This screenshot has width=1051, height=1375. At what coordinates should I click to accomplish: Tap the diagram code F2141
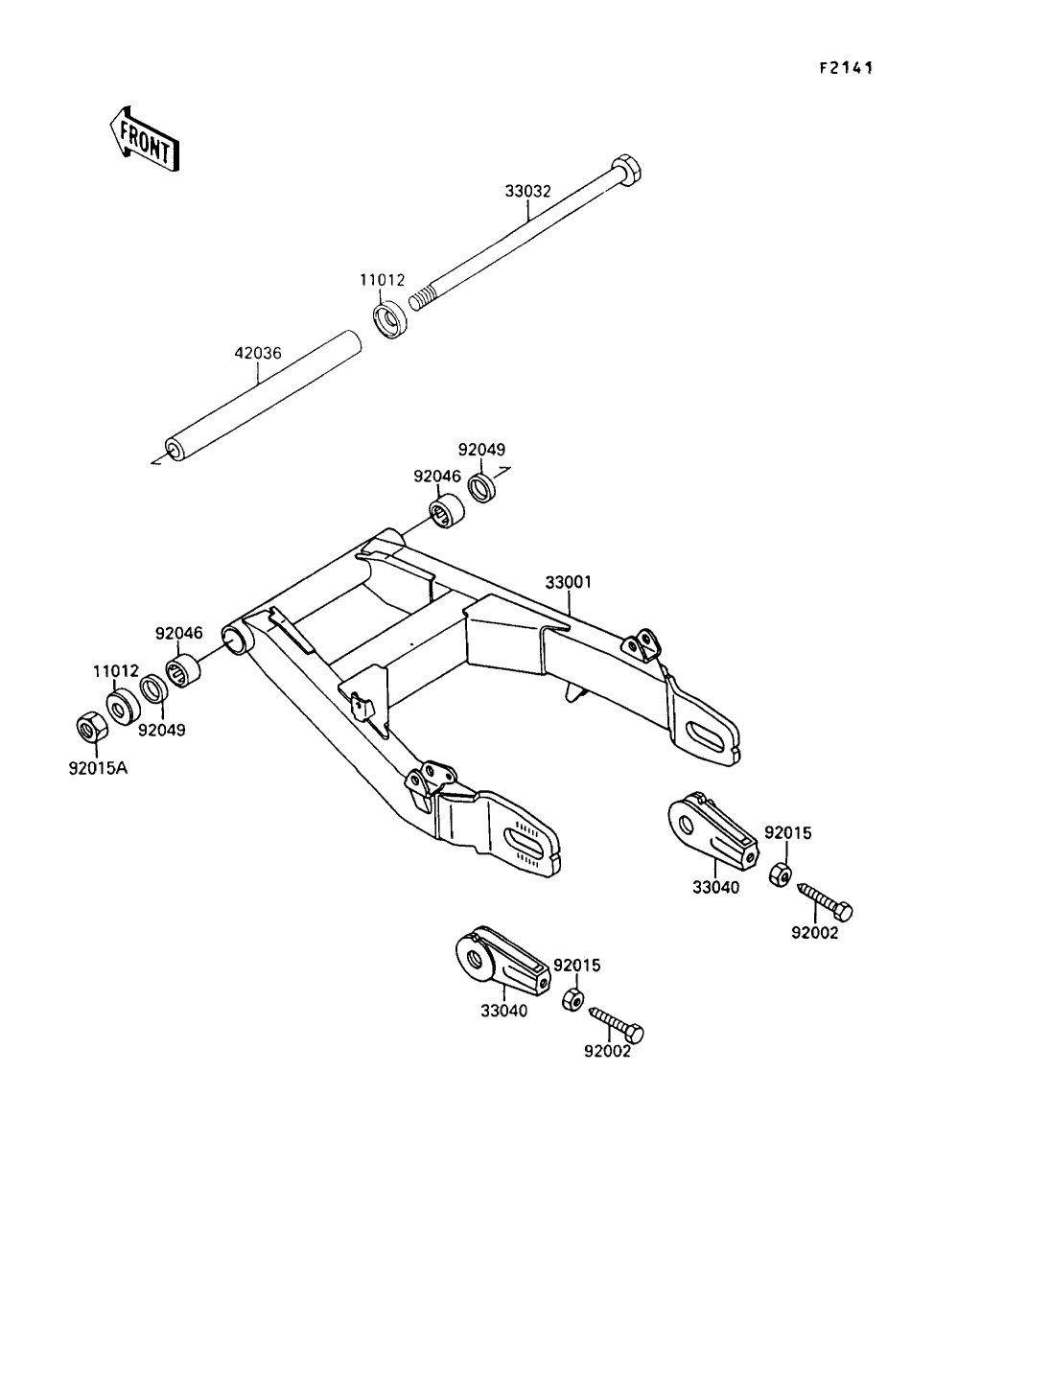click(x=844, y=68)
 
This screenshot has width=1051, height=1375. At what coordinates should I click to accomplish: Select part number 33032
click(x=527, y=191)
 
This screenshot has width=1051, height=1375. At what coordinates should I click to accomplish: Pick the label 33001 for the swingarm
click(x=569, y=582)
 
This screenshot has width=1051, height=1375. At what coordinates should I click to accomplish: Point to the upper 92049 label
click(x=481, y=449)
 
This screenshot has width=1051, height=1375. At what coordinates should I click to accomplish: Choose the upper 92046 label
click(x=437, y=476)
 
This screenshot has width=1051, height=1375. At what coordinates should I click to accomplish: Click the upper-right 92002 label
click(x=814, y=933)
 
